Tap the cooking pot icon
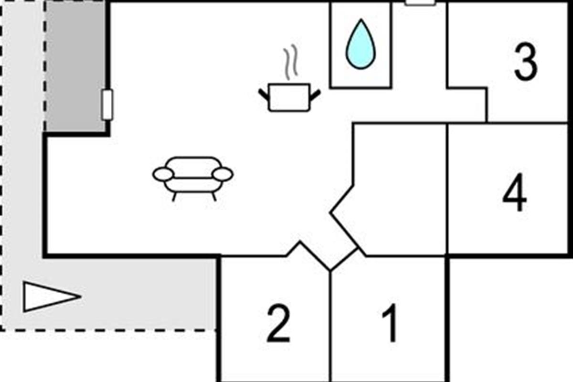click(x=289, y=97)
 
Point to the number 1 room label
click(x=390, y=323)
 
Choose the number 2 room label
click(x=278, y=323)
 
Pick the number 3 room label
click(x=526, y=62)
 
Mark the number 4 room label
click(x=515, y=192)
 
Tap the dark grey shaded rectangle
click(x=75, y=66)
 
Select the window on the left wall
click(x=107, y=105)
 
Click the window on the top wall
click(x=421, y=2)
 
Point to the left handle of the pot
click(x=264, y=95)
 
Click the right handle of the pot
click(x=315, y=95)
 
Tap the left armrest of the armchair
click(x=163, y=174)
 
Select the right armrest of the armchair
click(x=223, y=174)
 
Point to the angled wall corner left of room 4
click(x=330, y=212)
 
